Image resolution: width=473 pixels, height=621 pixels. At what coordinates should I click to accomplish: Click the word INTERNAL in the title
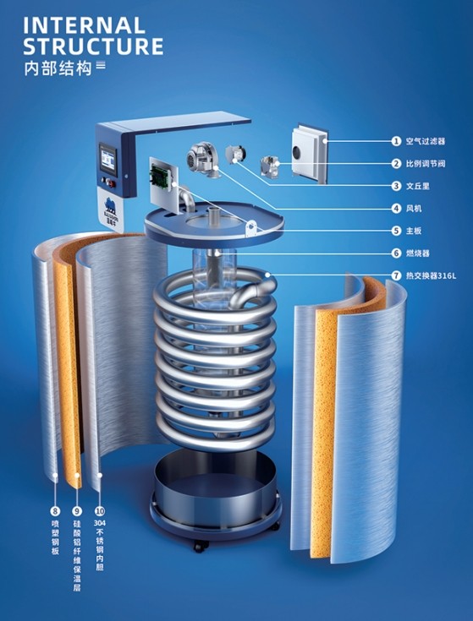84,26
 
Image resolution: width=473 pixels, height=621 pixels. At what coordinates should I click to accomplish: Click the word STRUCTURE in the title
93,46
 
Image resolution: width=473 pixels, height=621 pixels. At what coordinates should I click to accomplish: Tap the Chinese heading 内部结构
58,68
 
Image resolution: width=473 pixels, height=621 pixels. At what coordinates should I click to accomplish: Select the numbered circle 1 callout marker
396,141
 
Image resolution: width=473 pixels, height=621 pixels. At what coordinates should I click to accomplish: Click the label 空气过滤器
426,141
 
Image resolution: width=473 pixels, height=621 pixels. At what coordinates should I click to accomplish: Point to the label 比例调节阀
426,163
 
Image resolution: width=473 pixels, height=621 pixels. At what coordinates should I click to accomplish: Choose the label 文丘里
417,186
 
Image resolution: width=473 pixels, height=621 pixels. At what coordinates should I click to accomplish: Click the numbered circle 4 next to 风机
396,209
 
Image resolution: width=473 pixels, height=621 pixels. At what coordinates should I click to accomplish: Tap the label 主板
414,231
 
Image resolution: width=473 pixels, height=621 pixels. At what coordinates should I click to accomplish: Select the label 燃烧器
417,253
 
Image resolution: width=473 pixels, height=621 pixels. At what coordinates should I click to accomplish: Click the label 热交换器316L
431,275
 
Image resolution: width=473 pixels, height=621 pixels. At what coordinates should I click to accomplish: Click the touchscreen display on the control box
107,159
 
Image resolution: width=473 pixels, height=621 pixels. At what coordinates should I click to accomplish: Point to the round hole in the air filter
297,151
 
